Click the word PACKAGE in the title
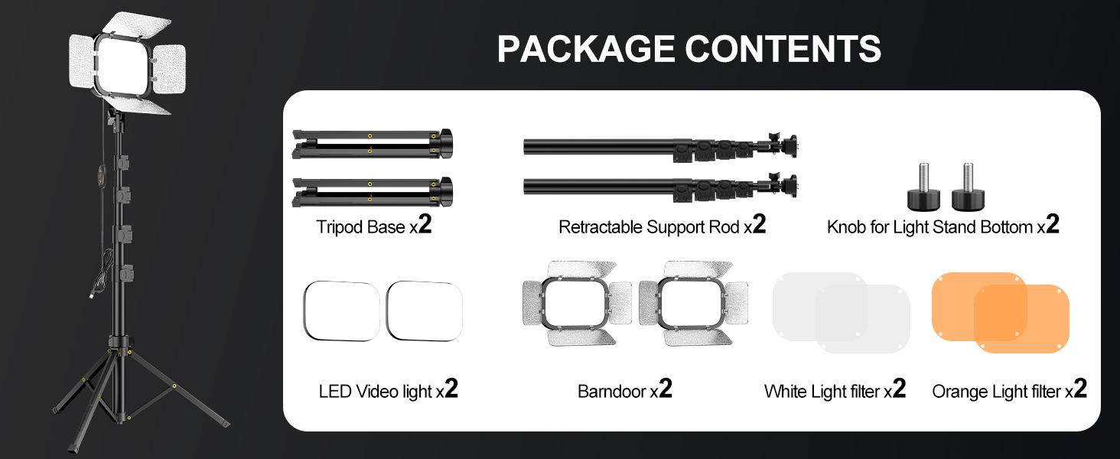coord(586,49)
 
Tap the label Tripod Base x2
coord(374,226)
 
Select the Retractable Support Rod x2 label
coord(662,226)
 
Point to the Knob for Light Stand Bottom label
coord(943,226)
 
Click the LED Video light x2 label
coord(388,391)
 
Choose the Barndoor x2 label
coord(625,391)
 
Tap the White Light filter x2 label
coord(835,391)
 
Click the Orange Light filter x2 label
coord(1009,391)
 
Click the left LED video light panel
coord(342,311)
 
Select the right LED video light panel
coord(425,311)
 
